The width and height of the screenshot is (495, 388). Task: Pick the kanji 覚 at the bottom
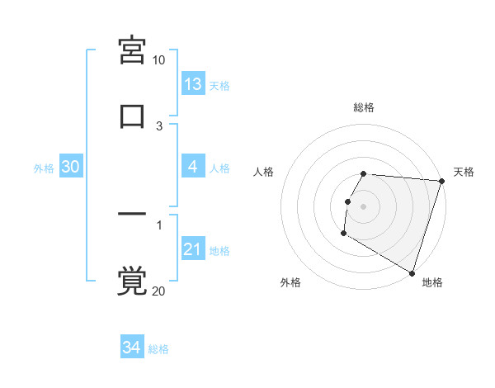(x=132, y=281)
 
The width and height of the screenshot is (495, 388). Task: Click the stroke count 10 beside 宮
(x=158, y=60)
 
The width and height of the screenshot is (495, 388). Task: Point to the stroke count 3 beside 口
(x=159, y=125)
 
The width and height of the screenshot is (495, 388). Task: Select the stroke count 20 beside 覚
(x=158, y=291)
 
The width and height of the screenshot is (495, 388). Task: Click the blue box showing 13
(x=193, y=84)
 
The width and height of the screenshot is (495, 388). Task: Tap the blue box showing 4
(x=193, y=167)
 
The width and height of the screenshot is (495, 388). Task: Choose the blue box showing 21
(x=193, y=249)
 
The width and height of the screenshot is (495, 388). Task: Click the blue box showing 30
(x=71, y=167)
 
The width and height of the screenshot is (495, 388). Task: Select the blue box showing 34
(x=131, y=348)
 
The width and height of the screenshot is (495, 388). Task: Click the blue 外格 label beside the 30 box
(x=44, y=168)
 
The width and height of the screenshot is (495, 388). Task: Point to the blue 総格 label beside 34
(x=158, y=349)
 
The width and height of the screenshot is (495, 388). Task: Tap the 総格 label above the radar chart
(x=364, y=107)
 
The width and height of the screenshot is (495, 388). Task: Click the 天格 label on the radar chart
(x=464, y=172)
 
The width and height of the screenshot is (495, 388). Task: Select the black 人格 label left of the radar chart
(x=264, y=172)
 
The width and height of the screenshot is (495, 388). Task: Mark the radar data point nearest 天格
(x=441, y=182)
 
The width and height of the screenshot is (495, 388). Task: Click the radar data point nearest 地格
(x=412, y=272)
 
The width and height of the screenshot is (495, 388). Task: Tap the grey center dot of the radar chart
(x=364, y=206)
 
